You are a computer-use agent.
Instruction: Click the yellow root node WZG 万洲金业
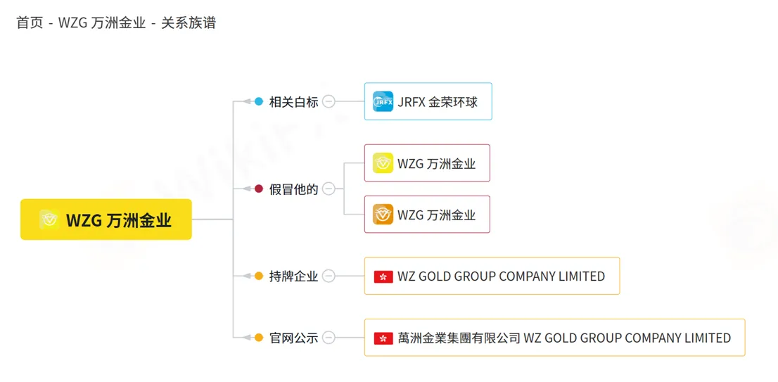tap(106, 219)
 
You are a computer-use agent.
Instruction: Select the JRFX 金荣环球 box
tap(428, 101)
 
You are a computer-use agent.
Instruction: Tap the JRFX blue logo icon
tap(383, 102)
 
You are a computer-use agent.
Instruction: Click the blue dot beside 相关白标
tap(258, 102)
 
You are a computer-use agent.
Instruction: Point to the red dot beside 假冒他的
tap(258, 189)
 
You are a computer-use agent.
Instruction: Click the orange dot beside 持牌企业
tap(258, 276)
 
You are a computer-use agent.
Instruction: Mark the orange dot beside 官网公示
tap(258, 338)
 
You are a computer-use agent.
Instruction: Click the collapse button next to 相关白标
tap(329, 102)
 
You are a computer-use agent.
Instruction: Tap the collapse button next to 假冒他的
tap(329, 189)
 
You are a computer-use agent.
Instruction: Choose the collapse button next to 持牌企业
tap(329, 276)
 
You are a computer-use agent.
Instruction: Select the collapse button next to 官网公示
tap(329, 338)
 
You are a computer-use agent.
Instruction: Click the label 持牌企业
tap(294, 276)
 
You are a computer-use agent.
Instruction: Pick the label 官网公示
tap(294, 338)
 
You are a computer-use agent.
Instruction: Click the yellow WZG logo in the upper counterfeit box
tap(383, 163)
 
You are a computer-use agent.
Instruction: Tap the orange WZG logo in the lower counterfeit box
tap(383, 215)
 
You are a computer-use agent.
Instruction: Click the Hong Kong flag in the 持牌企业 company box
tap(383, 276)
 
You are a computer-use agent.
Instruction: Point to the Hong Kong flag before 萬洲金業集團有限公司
tap(383, 338)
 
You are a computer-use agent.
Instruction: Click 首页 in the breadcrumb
tap(30, 23)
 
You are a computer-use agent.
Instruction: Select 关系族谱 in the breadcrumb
tap(189, 23)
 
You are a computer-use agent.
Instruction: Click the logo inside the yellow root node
tap(50, 219)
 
